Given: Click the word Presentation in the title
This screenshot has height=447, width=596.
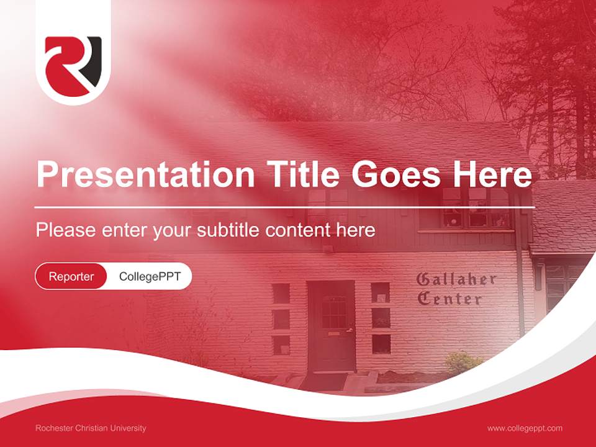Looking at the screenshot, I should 145,174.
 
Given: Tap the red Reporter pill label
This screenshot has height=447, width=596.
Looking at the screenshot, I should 71,276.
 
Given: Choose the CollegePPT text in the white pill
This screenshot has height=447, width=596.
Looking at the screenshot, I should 150,276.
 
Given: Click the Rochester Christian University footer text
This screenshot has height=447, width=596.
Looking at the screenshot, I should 91,428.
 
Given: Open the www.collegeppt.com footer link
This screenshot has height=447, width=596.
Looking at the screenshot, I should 525,428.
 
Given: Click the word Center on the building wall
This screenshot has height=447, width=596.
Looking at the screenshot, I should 449,299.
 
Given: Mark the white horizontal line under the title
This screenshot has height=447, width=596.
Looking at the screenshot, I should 284,207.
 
